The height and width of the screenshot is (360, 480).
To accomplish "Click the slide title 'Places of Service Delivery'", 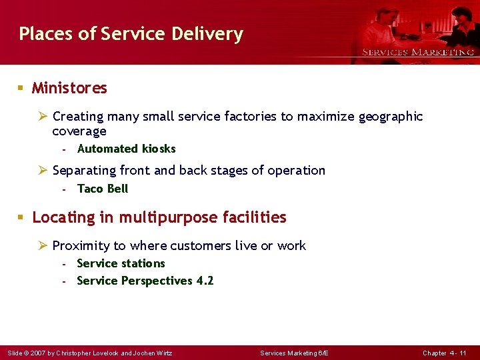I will (x=131, y=34).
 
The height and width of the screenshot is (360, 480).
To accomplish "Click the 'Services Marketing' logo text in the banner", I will (x=418, y=52).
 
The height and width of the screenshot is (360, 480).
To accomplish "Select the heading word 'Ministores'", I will (x=69, y=88).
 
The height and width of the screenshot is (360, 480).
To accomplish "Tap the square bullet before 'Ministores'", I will (x=21, y=88).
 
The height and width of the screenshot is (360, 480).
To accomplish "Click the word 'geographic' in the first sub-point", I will (x=391, y=117).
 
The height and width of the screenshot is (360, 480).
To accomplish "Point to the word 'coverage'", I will (x=79, y=131).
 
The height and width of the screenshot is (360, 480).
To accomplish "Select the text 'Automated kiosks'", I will (x=126, y=149).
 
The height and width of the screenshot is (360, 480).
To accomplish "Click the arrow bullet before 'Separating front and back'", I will (x=43, y=171).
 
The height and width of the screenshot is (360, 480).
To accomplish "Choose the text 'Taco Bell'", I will (x=102, y=189).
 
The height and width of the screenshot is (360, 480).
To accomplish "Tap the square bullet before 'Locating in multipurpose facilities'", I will (x=21, y=217).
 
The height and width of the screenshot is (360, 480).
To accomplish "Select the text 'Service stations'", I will (x=121, y=263).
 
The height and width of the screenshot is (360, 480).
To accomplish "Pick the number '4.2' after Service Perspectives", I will (x=205, y=281).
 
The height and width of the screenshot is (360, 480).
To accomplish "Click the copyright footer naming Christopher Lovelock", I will (x=89, y=353).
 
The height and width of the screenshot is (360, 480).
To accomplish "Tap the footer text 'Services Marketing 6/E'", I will (x=294, y=353).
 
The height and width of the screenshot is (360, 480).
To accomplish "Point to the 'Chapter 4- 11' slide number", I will (x=444, y=353).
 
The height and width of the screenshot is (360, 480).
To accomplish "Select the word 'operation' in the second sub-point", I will (x=296, y=171).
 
